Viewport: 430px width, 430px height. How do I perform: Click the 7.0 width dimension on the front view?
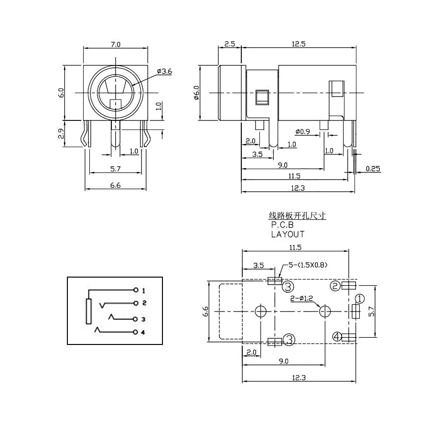pyautogui.click(x=116, y=44)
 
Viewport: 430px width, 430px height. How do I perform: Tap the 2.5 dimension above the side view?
pyautogui.click(x=229, y=44)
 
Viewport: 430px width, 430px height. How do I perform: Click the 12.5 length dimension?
pyautogui.click(x=297, y=44)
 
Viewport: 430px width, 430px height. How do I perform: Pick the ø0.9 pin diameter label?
pyautogui.click(x=303, y=131)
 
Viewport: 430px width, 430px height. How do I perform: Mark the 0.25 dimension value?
pyautogui.click(x=373, y=168)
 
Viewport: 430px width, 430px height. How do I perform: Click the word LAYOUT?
pyautogui.click(x=288, y=234)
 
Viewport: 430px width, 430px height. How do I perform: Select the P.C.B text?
pyautogui.click(x=282, y=225)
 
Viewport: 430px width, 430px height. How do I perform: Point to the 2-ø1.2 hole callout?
pyautogui.click(x=302, y=299)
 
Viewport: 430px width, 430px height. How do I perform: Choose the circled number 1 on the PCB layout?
pyautogui.click(x=360, y=298)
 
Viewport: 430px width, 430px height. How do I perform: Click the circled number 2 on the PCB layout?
pyautogui.click(x=336, y=286)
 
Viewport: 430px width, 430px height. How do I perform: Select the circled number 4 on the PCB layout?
pyautogui.click(x=337, y=337)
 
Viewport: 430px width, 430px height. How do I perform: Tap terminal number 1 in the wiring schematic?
pyautogui.click(x=143, y=290)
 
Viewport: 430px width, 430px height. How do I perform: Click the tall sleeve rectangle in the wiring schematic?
pyautogui.click(x=88, y=311)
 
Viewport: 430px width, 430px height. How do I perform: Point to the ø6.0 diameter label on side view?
pyautogui.click(x=196, y=92)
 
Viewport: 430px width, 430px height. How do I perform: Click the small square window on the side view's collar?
pyautogui.click(x=262, y=97)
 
